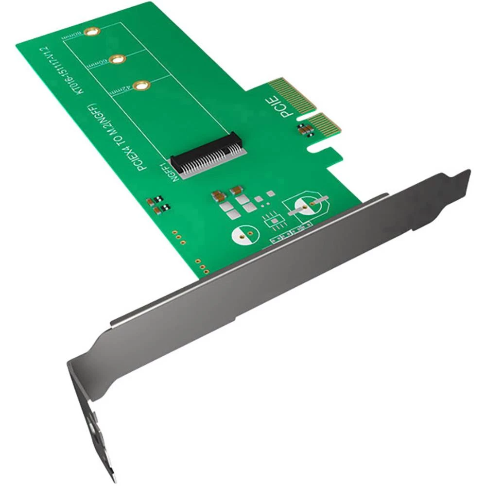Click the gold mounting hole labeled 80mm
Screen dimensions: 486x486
(90, 32)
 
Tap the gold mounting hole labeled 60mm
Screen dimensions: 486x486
(116, 59)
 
